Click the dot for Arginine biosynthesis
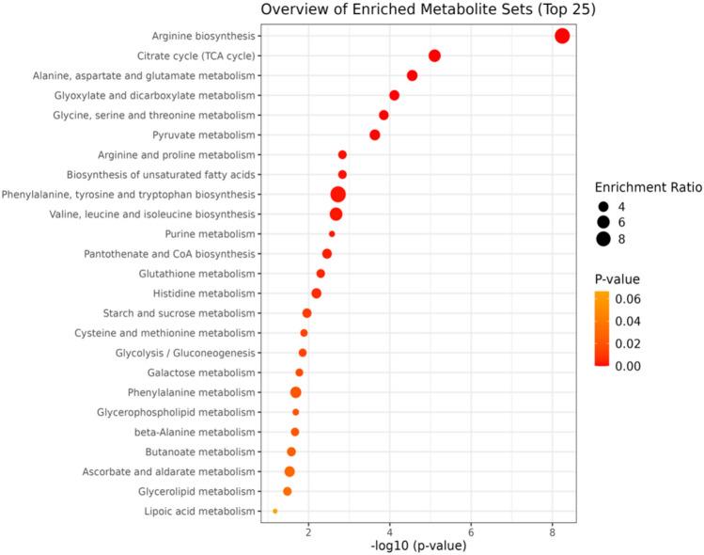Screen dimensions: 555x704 click(x=562, y=36)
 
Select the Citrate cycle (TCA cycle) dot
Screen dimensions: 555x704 click(x=434, y=55)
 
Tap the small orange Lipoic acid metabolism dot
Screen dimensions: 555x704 click(x=274, y=511)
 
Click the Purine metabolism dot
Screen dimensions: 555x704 click(x=332, y=234)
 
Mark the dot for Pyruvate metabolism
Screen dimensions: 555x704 click(x=375, y=135)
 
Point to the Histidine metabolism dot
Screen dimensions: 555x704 click(x=316, y=293)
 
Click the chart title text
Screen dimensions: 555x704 click(x=415, y=10)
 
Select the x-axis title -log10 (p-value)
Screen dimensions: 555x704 click(x=417, y=546)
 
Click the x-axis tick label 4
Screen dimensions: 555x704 click(x=390, y=530)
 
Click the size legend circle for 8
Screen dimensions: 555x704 click(x=602, y=239)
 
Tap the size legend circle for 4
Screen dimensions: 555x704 click(x=602, y=205)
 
